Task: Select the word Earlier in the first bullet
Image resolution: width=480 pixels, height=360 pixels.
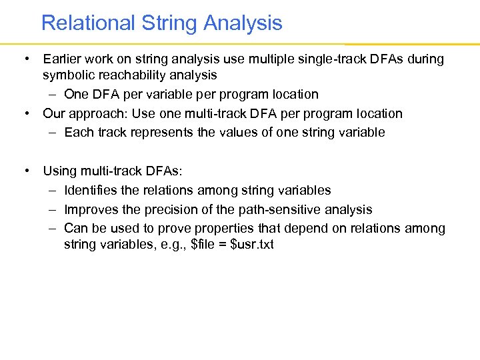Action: (x=63, y=59)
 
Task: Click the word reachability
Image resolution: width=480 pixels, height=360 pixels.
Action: (x=128, y=75)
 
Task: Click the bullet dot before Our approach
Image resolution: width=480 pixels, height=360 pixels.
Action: (x=27, y=113)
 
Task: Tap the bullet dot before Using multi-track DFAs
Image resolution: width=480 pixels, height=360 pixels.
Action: (x=27, y=171)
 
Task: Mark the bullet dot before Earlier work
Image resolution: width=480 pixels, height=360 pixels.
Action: (x=27, y=59)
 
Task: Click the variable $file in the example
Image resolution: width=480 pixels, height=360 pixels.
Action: (x=203, y=245)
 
